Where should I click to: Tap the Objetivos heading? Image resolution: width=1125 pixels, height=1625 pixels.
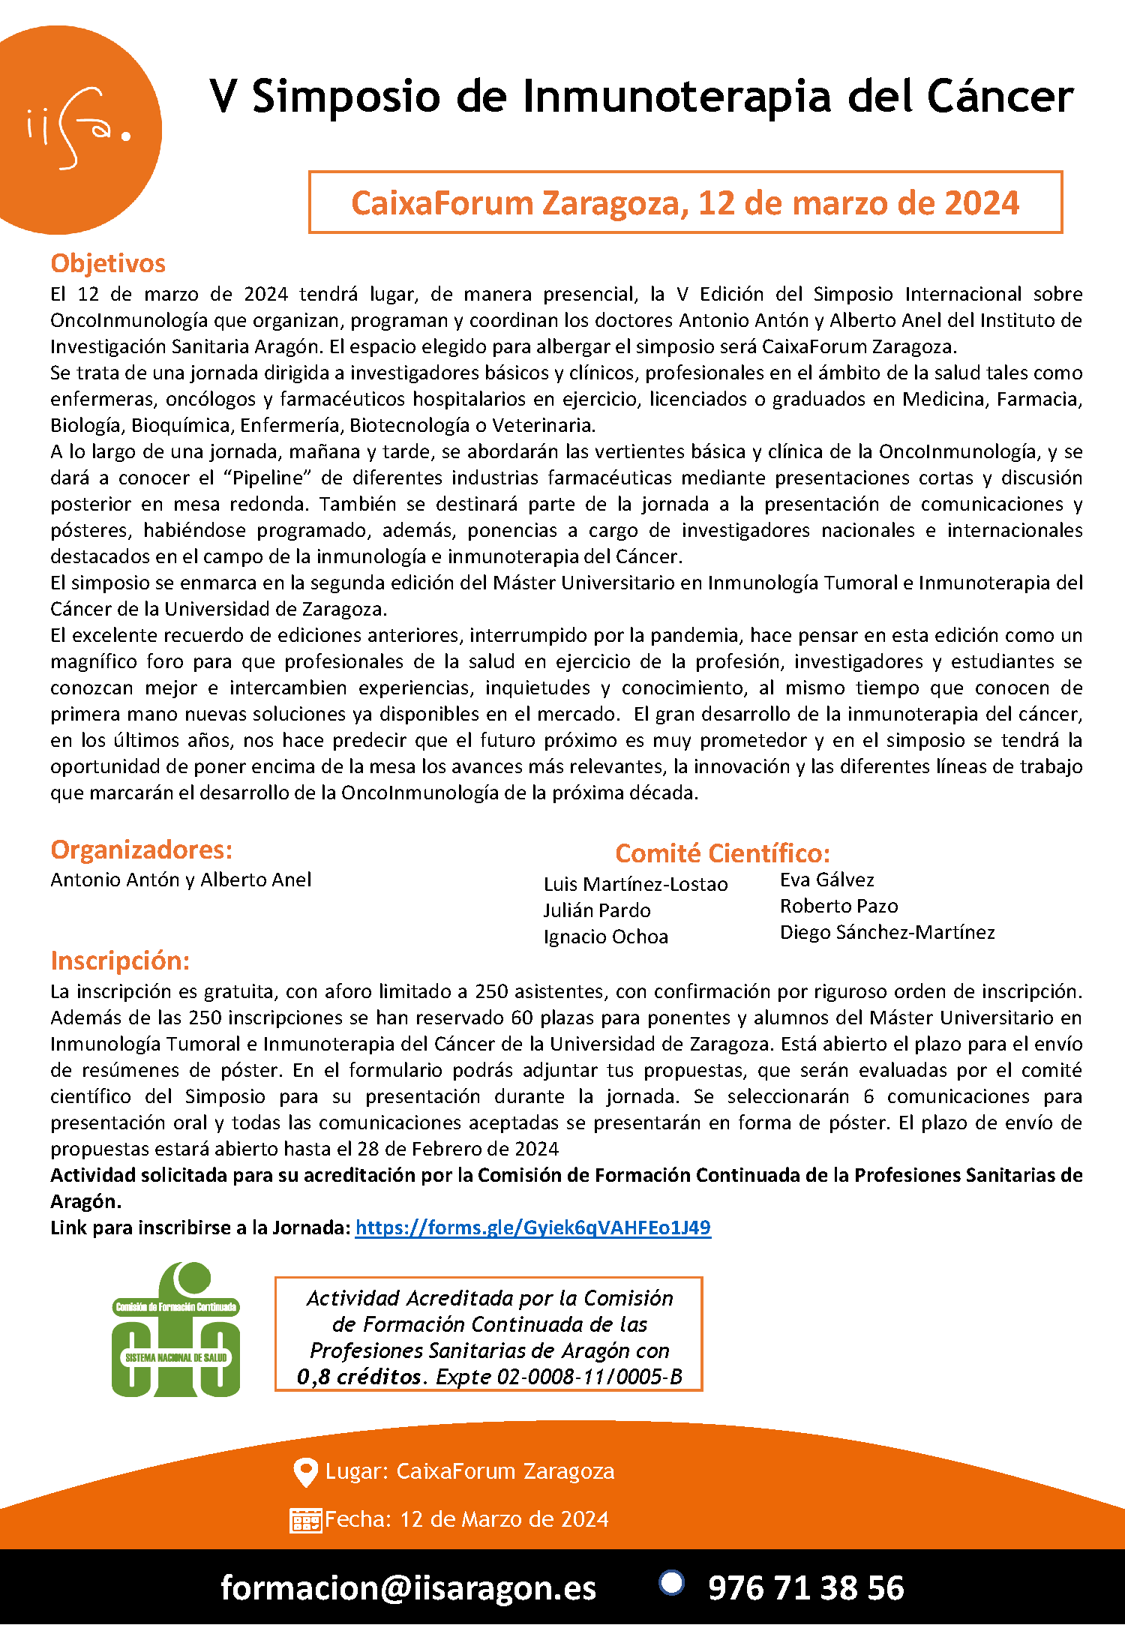(x=108, y=263)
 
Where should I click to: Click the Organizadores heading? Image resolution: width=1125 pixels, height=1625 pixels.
(x=141, y=850)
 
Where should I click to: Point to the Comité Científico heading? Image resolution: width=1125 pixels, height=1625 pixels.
(x=722, y=853)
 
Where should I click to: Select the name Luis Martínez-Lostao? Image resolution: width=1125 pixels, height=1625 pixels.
(x=635, y=885)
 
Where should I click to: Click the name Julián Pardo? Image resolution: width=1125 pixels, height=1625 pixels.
(x=597, y=910)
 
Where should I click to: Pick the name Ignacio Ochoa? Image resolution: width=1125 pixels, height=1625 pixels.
(x=605, y=937)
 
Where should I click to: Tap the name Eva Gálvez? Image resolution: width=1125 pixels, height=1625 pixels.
(x=826, y=880)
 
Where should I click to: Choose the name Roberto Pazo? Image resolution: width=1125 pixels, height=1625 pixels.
(x=838, y=906)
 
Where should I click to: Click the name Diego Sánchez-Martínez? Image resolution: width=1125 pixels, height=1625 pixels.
(x=887, y=932)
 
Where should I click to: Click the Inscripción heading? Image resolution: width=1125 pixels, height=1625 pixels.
(x=120, y=961)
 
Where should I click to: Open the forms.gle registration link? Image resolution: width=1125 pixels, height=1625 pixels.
(x=532, y=1228)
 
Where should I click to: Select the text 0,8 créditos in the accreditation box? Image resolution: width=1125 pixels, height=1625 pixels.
(x=359, y=1377)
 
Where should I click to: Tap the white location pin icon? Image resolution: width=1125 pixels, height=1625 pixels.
(x=305, y=1472)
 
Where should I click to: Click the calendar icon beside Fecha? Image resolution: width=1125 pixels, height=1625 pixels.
(x=305, y=1520)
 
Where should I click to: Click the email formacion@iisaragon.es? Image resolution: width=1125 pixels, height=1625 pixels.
(x=408, y=1588)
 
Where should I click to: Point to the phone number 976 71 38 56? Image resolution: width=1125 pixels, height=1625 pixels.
(x=805, y=1588)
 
